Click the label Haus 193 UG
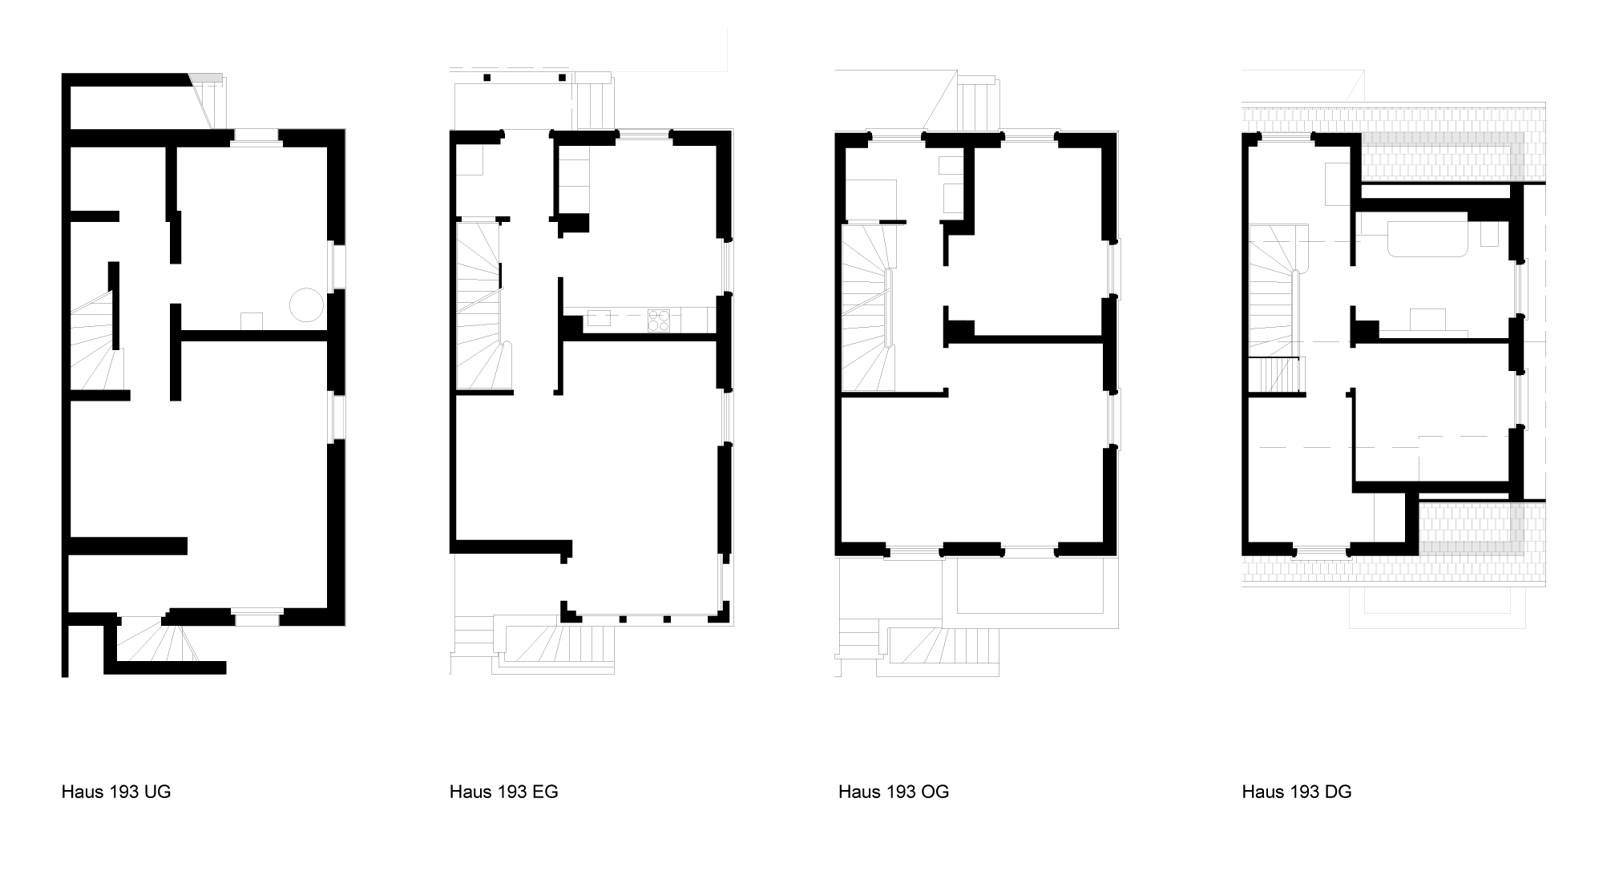(x=116, y=792)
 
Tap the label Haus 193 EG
(x=503, y=792)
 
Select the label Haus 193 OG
(x=894, y=792)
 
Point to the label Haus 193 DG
(x=1297, y=792)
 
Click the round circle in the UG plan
(x=305, y=305)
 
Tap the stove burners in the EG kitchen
(x=659, y=320)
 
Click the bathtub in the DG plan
(x=1427, y=239)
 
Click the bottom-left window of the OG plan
(x=915, y=551)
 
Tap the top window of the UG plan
(x=256, y=136)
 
